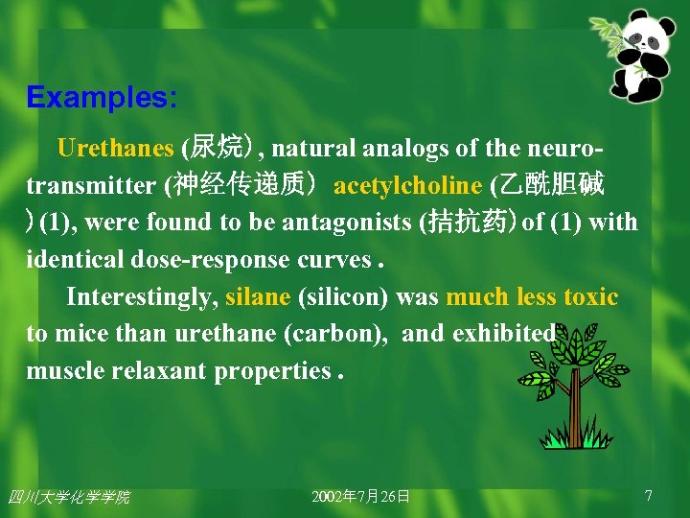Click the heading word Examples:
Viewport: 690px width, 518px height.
coord(102,98)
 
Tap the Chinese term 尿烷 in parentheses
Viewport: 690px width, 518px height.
coord(218,149)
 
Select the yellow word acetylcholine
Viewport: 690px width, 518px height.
coord(406,185)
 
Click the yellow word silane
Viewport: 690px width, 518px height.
coord(258,296)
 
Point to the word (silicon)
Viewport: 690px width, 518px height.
coord(343,296)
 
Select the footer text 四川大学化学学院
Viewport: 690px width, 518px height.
coord(69,496)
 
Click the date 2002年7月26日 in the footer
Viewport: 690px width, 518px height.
coord(361,496)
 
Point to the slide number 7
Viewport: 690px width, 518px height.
coord(649,495)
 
